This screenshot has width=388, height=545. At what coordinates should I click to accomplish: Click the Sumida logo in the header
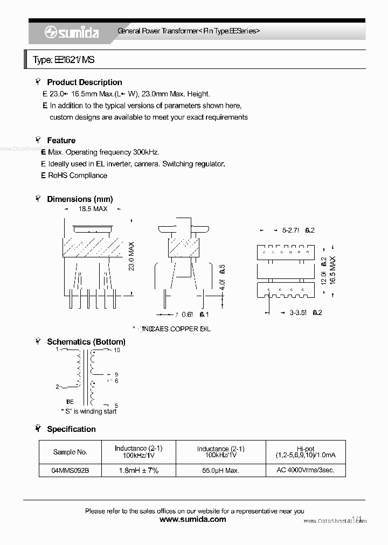72,32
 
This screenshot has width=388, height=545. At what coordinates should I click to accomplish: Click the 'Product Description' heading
84,82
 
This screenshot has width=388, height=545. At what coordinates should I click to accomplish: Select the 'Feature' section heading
61,141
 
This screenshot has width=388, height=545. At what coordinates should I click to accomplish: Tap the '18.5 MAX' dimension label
93,208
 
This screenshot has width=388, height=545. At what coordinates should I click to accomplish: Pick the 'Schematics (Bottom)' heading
86,342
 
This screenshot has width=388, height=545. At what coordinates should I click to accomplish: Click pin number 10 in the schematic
116,351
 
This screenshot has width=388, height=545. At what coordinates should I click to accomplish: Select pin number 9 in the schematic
116,375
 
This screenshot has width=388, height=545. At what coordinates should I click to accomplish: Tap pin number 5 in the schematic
116,406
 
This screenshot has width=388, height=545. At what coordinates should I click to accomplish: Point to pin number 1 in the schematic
57,350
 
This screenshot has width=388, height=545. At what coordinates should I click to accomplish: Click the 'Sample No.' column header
70,452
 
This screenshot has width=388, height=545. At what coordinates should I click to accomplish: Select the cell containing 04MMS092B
70,470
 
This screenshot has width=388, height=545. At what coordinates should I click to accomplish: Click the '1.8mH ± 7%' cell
138,470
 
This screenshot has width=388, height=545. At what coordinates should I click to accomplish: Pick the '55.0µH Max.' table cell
220,470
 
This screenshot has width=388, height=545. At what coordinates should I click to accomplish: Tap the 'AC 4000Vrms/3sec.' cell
305,470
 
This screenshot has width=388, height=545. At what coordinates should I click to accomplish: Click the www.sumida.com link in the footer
193,520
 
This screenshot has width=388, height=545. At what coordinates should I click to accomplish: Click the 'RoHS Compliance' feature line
78,176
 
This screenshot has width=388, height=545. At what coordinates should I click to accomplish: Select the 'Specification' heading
71,429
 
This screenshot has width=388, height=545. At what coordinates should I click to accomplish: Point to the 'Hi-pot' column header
305,449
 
